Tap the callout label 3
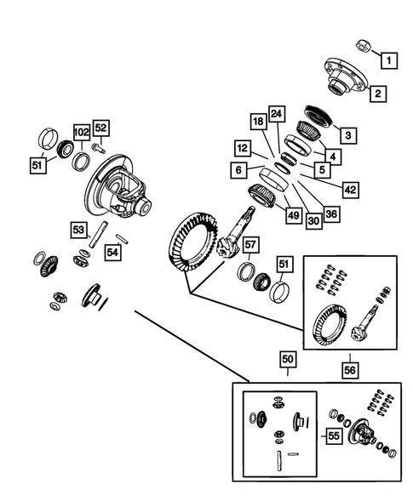pyautogui.click(x=347, y=134)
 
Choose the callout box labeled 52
pyautogui.click(x=101, y=128)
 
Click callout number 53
pyautogui.click(x=77, y=230)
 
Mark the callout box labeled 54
pyautogui.click(x=113, y=252)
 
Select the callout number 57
pyautogui.click(x=250, y=247)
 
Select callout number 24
pyautogui.click(x=275, y=113)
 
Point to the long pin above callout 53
pyautogui.click(x=99, y=231)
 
